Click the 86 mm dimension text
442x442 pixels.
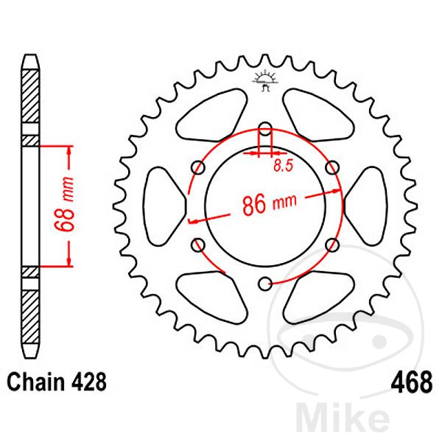pos(269,203)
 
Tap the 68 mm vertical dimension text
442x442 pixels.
pos(64,204)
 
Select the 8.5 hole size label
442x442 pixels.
pos(284,165)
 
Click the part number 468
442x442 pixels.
pos(412,382)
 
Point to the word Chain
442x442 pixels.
pos(36,382)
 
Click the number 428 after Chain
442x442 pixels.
pos(89,382)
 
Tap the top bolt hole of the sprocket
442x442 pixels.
pos(265,128)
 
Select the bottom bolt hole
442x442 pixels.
pos(265,284)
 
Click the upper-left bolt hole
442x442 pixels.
pos(198,167)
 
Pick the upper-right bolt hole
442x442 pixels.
pos(332,167)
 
